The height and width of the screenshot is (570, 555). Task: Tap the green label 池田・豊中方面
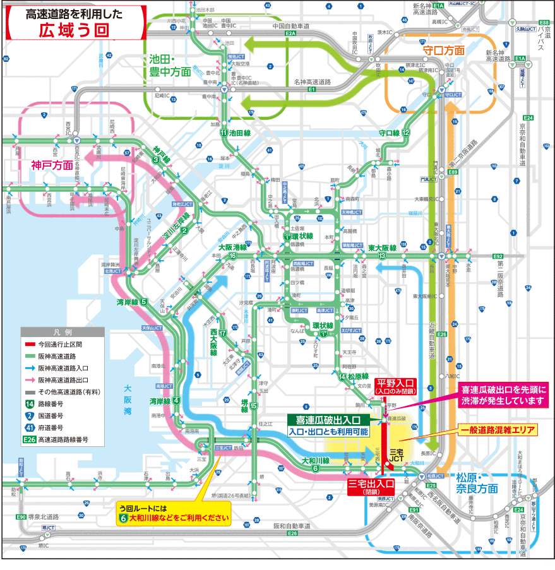(x=170, y=65)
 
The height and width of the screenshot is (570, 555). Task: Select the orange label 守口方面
(x=443, y=50)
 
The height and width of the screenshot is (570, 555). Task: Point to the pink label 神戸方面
(x=52, y=166)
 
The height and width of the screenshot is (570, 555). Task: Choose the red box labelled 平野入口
(x=395, y=386)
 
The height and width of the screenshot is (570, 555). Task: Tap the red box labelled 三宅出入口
(x=371, y=487)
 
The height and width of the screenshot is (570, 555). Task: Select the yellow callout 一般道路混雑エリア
(x=498, y=430)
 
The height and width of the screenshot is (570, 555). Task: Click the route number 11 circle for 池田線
(x=224, y=133)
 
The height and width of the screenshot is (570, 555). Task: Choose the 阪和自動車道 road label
(x=292, y=525)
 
